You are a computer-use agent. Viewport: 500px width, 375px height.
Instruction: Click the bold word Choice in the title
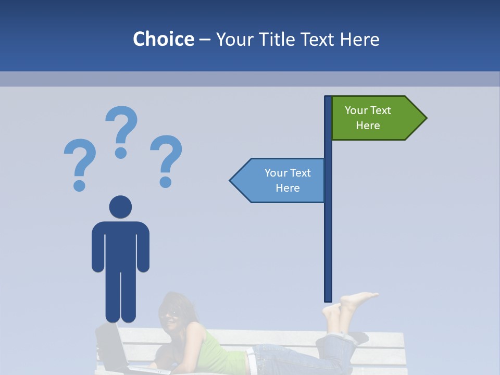(x=163, y=39)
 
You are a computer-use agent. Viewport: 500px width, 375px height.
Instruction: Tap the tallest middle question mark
(x=121, y=130)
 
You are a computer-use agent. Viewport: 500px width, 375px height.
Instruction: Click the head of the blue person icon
(x=120, y=207)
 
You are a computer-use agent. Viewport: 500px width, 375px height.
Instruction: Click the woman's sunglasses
(x=170, y=314)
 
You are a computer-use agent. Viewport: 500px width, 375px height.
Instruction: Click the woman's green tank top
(x=219, y=349)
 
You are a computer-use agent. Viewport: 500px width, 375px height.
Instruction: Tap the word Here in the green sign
(x=368, y=126)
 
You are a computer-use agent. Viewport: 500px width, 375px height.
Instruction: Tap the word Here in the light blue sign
(x=287, y=188)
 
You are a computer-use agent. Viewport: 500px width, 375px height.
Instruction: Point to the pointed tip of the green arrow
(x=426, y=118)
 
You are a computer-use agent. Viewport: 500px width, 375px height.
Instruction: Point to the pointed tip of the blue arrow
(x=231, y=180)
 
